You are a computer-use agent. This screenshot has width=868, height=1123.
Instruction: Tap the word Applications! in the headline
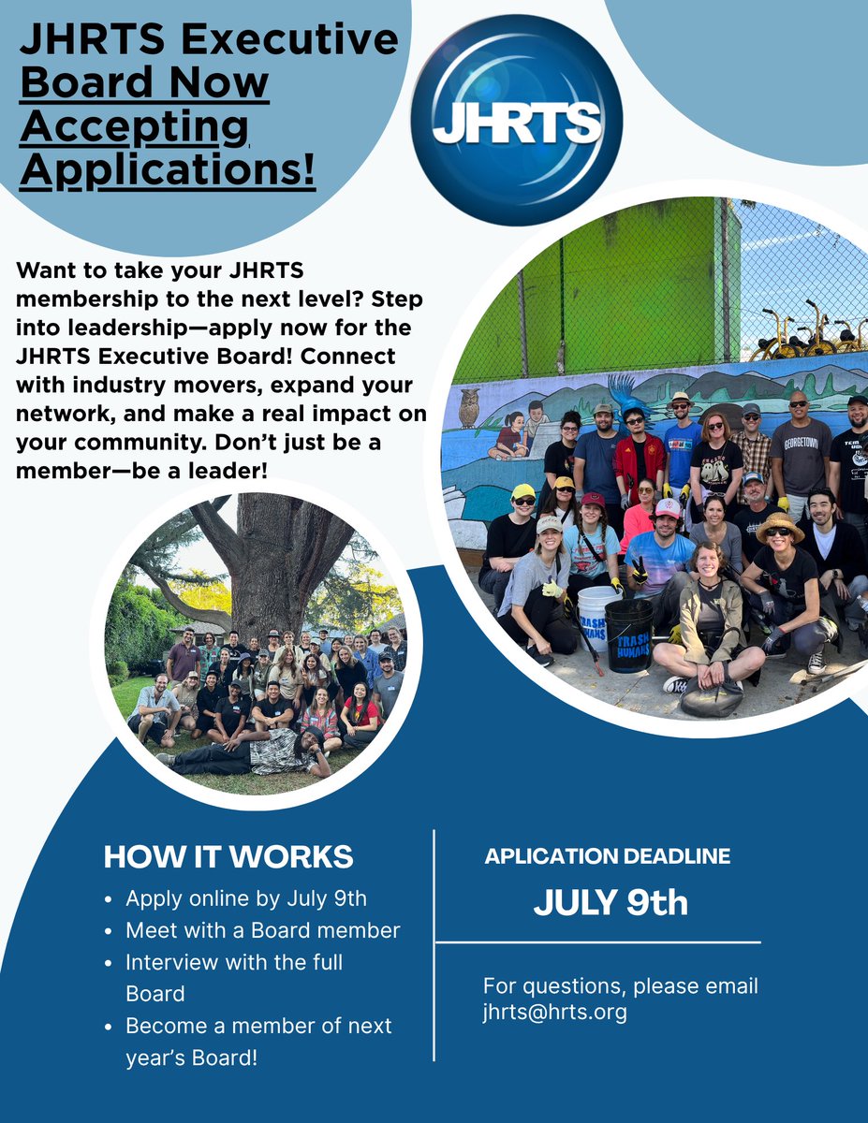click(168, 170)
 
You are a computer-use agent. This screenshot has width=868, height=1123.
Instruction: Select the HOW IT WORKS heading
click(228, 856)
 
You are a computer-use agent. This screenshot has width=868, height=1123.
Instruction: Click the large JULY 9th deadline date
click(611, 903)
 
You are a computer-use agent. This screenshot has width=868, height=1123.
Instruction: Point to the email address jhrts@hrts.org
click(555, 1012)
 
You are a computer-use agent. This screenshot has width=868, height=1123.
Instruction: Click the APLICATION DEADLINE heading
click(607, 855)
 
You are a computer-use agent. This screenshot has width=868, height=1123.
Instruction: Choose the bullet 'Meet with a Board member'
click(262, 930)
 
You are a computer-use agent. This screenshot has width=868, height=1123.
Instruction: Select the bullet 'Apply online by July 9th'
click(246, 898)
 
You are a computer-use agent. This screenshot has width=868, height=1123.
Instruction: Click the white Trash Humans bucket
click(597, 618)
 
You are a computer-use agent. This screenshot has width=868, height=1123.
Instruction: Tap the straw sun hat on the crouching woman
click(780, 526)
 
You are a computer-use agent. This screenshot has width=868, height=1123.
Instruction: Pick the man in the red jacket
click(640, 452)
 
